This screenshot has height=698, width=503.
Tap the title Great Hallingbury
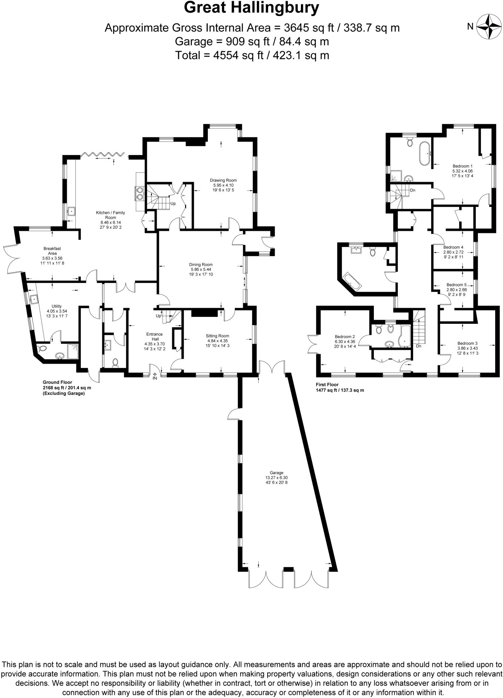pos(251,7)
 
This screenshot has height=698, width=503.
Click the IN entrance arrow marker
pos(155,376)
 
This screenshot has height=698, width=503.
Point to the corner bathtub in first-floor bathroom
pos(351,282)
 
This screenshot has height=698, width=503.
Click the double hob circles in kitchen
pos(140,193)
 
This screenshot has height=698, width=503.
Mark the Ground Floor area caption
pos(66,388)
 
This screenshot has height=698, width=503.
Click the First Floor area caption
pos(340,387)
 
